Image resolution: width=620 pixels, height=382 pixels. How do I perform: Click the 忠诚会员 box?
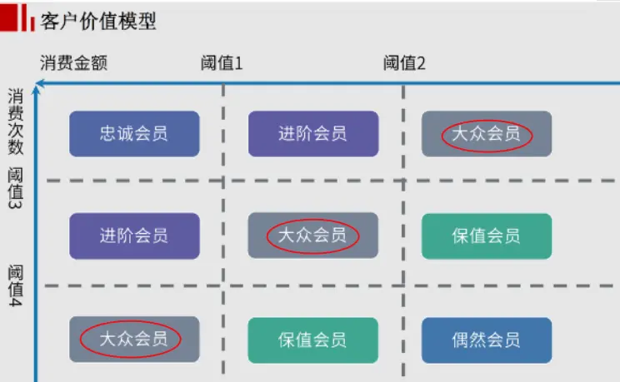[x=134, y=133]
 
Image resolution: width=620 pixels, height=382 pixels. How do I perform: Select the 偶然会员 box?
[x=487, y=340]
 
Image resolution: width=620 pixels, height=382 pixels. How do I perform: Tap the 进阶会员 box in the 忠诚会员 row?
[x=312, y=133]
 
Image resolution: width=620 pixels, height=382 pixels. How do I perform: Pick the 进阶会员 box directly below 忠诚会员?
[x=134, y=236]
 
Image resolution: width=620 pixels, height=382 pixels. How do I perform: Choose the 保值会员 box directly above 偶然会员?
[x=487, y=236]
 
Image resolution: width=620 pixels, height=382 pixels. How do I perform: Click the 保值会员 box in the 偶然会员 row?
[x=312, y=340]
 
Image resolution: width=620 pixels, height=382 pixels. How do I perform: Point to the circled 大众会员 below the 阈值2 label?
[x=487, y=133]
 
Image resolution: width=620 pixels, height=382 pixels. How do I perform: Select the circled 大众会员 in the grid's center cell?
[x=312, y=236]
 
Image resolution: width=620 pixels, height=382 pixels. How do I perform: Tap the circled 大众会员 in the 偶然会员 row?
[x=134, y=339]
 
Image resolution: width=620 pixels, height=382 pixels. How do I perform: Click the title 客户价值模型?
[x=98, y=22]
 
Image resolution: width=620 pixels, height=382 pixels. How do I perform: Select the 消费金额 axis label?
[x=74, y=63]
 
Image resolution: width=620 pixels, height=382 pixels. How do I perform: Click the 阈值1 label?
[x=222, y=63]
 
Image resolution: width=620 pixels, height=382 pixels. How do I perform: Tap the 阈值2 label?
[x=404, y=63]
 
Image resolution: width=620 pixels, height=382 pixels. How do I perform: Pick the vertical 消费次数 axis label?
[x=15, y=122]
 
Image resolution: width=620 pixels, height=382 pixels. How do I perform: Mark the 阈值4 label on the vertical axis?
[x=15, y=288]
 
